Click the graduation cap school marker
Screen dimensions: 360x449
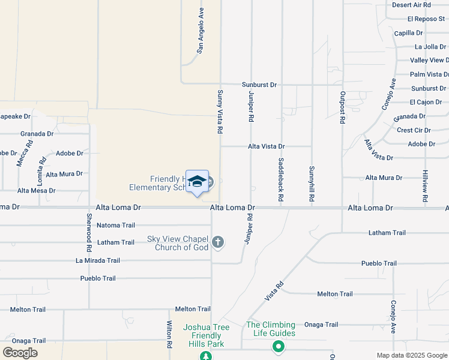[197, 181]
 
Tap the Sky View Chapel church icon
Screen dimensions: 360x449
[218, 242]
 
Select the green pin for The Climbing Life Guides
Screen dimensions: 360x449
[278, 346]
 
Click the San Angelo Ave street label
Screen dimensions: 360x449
[201, 31]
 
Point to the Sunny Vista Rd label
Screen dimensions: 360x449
[220, 112]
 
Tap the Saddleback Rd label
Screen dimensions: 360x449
[280, 179]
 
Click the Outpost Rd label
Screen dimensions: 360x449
[342, 107]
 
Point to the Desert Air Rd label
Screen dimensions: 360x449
[411, 5]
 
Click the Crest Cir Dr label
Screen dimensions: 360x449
[414, 130]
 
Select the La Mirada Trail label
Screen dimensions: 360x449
[98, 260]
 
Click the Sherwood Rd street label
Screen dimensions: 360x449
[89, 232]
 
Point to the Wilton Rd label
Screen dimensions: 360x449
[170, 335]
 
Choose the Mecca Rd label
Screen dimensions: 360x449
[24, 154]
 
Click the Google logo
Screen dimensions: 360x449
[20, 353]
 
